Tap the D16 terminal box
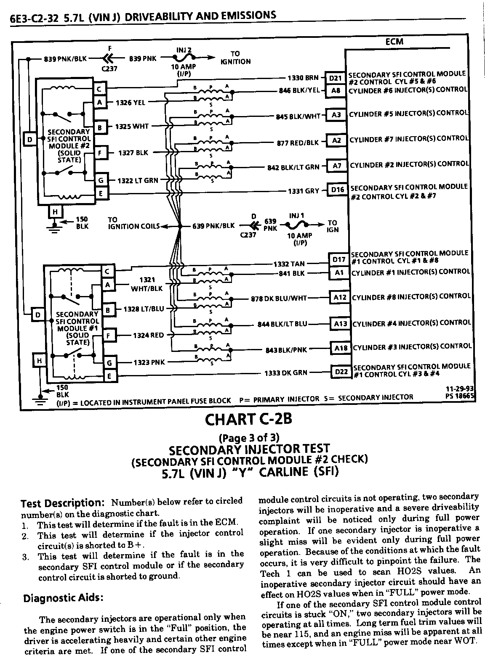338,190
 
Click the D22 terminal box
341,372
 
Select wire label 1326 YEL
131,102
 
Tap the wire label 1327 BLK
133,153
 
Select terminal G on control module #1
109,363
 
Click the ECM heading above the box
394,42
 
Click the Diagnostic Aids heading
62,598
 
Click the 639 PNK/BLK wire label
213,226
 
